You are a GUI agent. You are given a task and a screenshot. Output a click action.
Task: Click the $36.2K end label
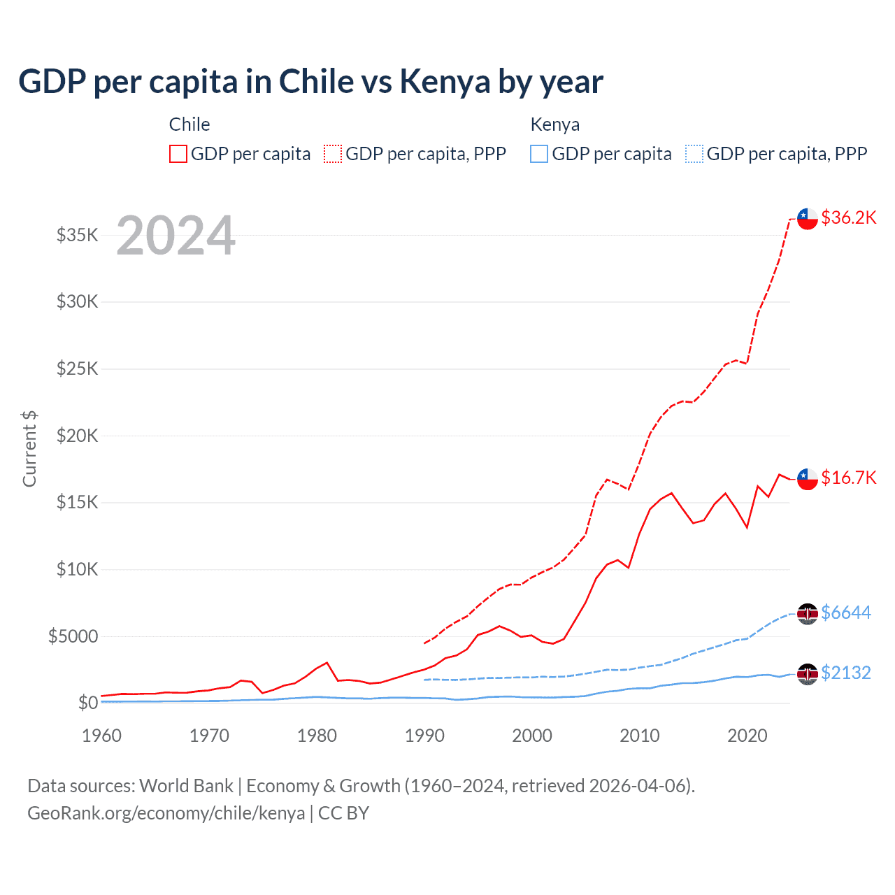(848, 217)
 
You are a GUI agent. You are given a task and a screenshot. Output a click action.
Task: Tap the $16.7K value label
(848, 478)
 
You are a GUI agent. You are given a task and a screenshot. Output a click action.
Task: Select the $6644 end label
(845, 613)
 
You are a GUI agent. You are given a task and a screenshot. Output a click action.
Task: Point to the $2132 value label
(845, 673)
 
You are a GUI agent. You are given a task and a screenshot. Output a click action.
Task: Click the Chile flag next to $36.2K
(808, 218)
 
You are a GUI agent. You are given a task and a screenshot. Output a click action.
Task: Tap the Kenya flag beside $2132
(808, 674)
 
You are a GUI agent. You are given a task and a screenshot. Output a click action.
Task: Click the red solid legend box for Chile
(178, 154)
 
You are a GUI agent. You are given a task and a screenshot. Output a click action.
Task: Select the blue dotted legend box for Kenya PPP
(694, 154)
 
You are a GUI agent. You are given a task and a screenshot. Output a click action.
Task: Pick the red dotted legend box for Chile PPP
(333, 154)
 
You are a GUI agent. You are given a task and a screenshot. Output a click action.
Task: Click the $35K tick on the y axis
(78, 235)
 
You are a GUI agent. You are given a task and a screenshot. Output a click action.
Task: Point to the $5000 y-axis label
(73, 636)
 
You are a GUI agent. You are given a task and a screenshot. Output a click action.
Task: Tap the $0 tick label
(87, 703)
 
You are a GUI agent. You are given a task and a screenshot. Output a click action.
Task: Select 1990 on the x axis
(424, 736)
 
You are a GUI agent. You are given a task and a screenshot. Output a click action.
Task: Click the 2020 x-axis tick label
(747, 736)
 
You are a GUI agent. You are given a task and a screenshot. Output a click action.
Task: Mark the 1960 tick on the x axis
(102, 736)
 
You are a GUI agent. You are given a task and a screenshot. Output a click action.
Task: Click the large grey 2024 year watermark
(176, 236)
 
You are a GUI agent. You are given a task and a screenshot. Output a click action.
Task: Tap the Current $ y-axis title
(29, 449)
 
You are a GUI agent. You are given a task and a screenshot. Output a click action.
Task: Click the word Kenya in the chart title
(445, 82)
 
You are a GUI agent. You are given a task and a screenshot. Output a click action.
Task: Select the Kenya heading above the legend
(554, 124)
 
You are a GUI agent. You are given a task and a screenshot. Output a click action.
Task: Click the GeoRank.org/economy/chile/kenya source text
(166, 813)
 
